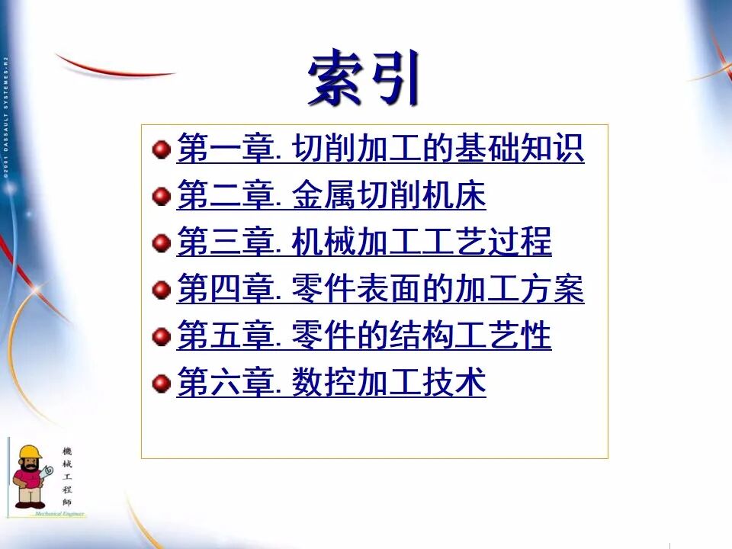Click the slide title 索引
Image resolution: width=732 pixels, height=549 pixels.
point(364,78)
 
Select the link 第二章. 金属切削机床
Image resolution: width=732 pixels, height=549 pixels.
point(331,196)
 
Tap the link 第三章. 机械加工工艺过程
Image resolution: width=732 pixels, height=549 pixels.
point(364,242)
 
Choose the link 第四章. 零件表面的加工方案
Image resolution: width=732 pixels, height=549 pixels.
point(380,290)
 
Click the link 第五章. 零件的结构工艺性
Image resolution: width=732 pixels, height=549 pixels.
point(364,336)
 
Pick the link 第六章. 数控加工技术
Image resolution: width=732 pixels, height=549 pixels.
point(331,383)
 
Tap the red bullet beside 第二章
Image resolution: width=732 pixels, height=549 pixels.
point(161,196)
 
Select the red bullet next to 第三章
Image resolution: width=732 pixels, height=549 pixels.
point(161,243)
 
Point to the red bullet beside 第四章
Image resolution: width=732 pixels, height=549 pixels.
point(161,290)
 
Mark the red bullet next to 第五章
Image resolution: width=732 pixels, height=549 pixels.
point(161,336)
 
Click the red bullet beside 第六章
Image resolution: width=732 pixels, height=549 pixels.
point(161,383)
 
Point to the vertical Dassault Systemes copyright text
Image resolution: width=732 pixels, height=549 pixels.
point(5,114)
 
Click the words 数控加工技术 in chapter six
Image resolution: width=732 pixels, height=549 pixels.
point(389,383)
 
